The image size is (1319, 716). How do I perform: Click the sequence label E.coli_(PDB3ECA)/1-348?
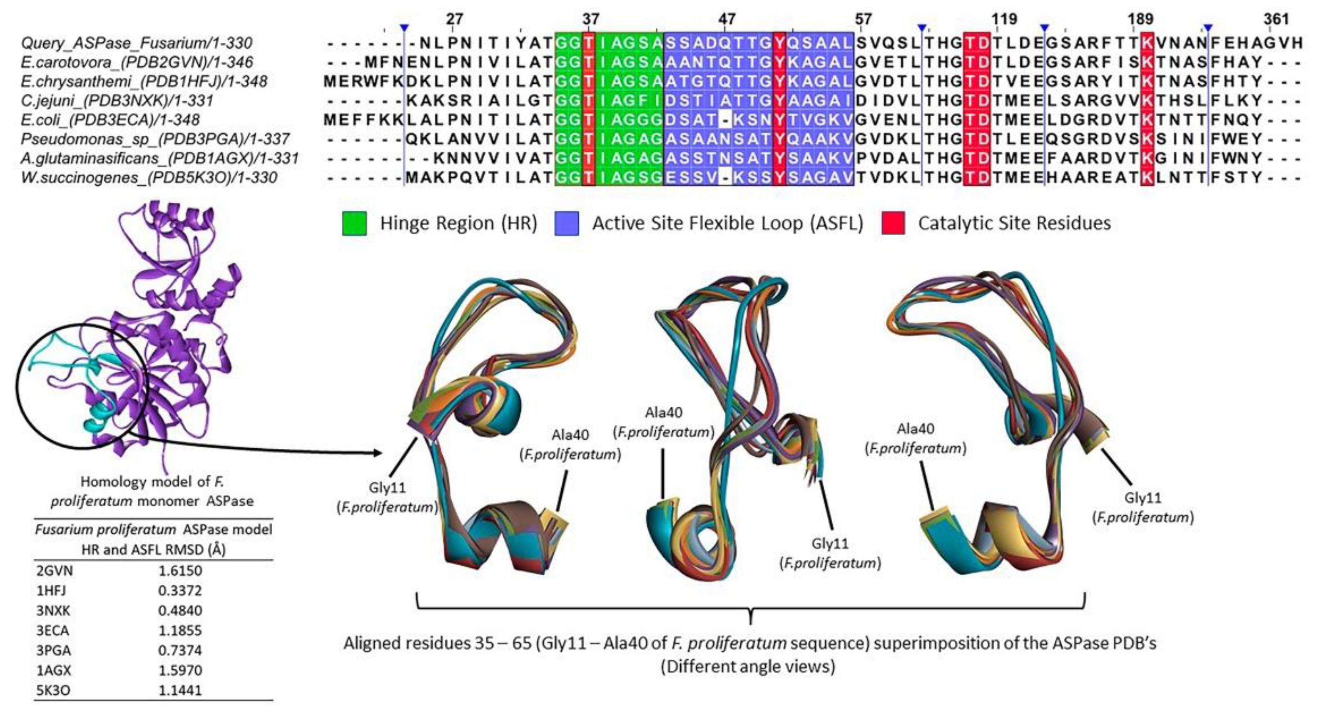click(110, 120)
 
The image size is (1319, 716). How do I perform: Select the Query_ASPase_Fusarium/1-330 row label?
click(136, 43)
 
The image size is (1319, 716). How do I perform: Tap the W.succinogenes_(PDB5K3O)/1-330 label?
click(149, 178)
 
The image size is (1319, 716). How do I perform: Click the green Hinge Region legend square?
click(354, 223)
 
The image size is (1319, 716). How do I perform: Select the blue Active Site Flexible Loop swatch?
click(567, 223)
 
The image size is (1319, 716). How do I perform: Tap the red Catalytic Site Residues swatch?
click(893, 223)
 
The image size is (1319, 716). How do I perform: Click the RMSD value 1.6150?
click(180, 571)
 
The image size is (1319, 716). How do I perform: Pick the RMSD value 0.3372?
click(180, 591)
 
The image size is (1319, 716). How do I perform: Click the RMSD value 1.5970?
click(180, 671)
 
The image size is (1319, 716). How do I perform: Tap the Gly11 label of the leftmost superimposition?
click(387, 488)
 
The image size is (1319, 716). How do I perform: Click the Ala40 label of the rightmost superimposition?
click(915, 429)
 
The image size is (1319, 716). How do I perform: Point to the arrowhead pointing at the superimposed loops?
click(378, 453)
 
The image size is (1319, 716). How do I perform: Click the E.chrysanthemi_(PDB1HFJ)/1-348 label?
click(144, 81)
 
